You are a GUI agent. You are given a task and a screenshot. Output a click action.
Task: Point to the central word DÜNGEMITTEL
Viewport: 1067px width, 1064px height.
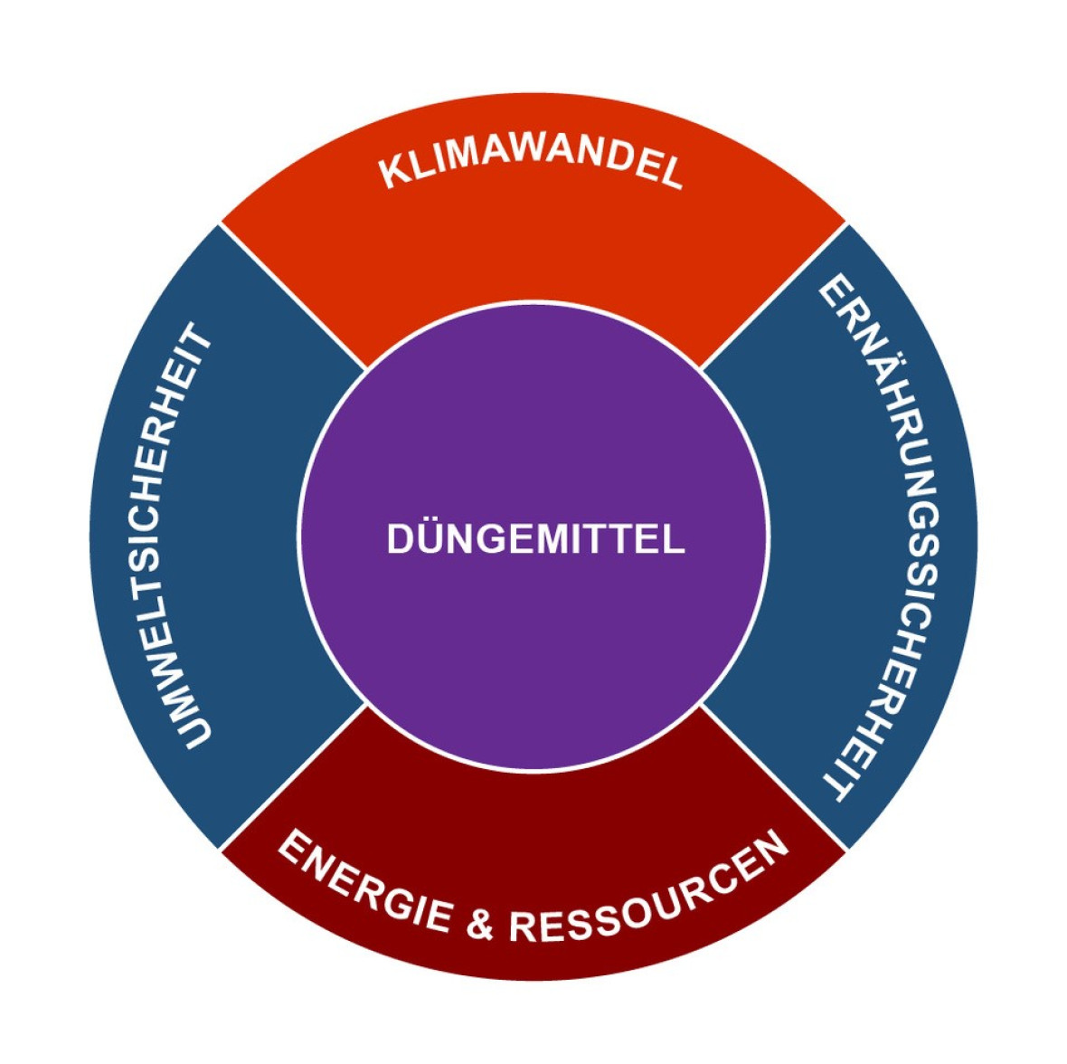coord(535,539)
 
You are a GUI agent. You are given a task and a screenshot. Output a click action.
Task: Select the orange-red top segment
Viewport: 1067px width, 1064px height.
coord(533,262)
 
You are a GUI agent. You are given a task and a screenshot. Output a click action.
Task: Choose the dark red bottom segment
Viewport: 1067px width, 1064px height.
coord(533,805)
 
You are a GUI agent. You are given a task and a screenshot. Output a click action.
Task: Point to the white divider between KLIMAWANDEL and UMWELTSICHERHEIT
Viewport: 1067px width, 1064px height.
coord(294,296)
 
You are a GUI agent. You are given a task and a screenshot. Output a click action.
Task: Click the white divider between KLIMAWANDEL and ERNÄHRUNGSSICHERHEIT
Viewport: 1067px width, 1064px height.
coord(774,296)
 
